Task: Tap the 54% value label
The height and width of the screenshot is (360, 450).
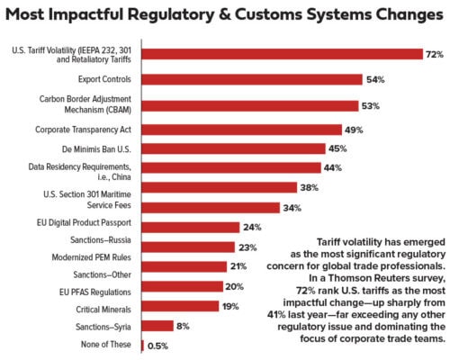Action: (x=375, y=79)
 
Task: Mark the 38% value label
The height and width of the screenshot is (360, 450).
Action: (x=310, y=188)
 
